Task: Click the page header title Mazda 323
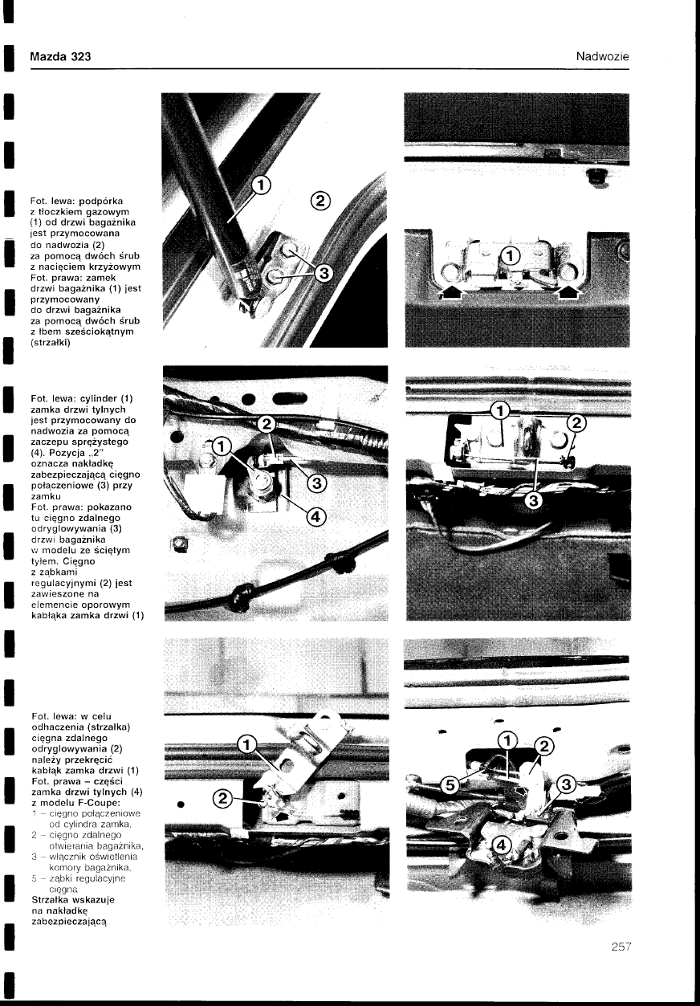pos(61,56)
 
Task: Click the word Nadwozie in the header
pos(603,56)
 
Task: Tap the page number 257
pos(621,947)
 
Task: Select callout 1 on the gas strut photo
pos(262,185)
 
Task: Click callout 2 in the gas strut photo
pos(320,201)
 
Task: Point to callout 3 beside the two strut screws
pos(324,273)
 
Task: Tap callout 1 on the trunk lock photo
pos(510,256)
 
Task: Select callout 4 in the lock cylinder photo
pos(315,517)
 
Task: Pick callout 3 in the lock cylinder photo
pos(316,483)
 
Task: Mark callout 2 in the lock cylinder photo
pos(267,423)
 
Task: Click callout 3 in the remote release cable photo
pos(533,500)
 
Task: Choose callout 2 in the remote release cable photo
pos(577,422)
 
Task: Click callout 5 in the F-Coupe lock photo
pos(450,785)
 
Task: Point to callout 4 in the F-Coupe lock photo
pos(502,845)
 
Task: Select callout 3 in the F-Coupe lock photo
pos(566,784)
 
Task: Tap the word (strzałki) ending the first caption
pos(51,343)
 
